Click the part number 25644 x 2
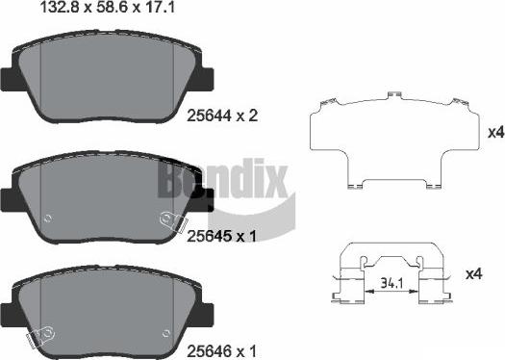pyautogui.click(x=221, y=116)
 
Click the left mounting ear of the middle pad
pyautogui.click(x=11, y=195)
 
